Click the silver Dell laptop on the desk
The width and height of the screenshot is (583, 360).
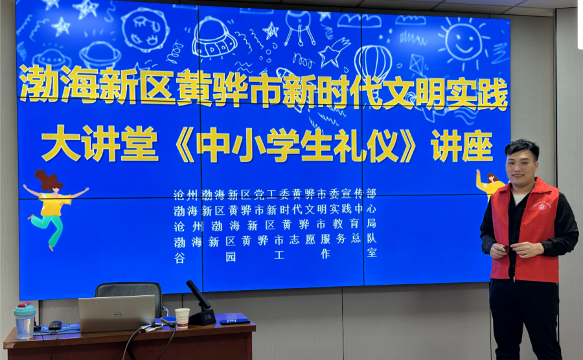coord(117,313)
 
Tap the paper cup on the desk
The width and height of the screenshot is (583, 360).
coord(182,318)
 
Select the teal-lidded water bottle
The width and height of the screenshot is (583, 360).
coord(25,321)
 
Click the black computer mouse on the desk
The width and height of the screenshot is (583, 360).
coord(56,325)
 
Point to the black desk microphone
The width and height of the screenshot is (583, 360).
coord(201,304)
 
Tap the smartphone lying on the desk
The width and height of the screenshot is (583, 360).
coord(234,321)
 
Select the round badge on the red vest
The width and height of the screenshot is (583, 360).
coord(542,206)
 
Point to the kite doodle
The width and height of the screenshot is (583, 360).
coord(417,64)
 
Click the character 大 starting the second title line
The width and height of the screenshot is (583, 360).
coord(62,144)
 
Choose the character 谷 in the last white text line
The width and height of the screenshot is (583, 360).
coord(179,258)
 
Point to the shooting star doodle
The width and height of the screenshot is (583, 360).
coord(334,52)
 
